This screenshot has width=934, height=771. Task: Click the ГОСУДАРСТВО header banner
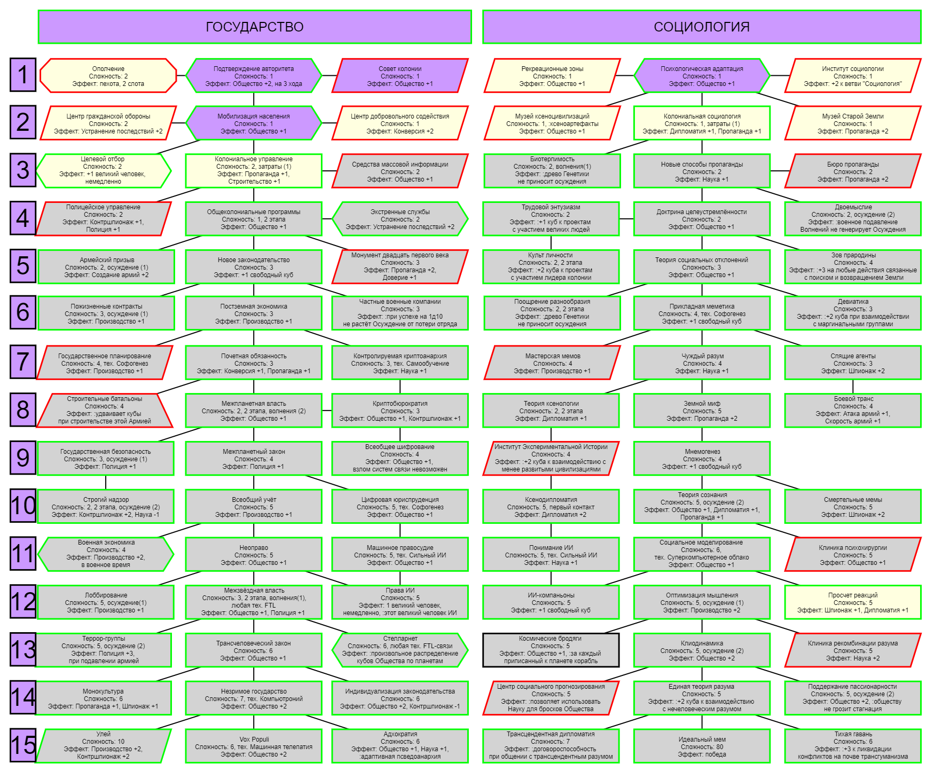pyautogui.click(x=255, y=27)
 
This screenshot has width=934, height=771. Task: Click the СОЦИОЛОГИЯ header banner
pyautogui.click(x=702, y=27)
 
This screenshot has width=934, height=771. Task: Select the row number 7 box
pyautogui.click(x=23, y=361)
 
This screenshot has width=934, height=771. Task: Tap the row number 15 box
pyautogui.click(x=23, y=745)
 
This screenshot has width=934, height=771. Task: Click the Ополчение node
pyautogui.click(x=108, y=76)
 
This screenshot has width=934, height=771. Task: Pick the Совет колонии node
pyautogui.click(x=400, y=76)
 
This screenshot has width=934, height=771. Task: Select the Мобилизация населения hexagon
pyautogui.click(x=254, y=123)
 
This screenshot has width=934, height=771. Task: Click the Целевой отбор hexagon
pyautogui.click(x=103, y=170)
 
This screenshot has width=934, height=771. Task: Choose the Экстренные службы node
pyautogui.click(x=400, y=219)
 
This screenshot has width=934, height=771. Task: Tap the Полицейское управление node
pyautogui.click(x=103, y=218)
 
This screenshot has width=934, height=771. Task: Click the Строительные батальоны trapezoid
pyautogui.click(x=105, y=410)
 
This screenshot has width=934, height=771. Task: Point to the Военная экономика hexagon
pyautogui.click(x=106, y=554)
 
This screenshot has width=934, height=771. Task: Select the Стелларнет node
pyautogui.click(x=400, y=650)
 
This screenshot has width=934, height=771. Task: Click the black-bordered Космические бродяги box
pyautogui.click(x=551, y=650)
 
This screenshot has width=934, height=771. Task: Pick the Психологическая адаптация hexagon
pyautogui.click(x=702, y=76)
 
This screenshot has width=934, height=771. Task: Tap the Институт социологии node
pyautogui.click(x=853, y=76)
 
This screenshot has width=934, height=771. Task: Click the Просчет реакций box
pyautogui.click(x=853, y=602)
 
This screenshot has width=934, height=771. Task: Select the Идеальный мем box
pyautogui.click(x=702, y=746)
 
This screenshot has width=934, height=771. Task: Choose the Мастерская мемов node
pyautogui.click(x=552, y=363)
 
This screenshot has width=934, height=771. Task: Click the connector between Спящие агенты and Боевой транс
pyautogui.click(x=853, y=386)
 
